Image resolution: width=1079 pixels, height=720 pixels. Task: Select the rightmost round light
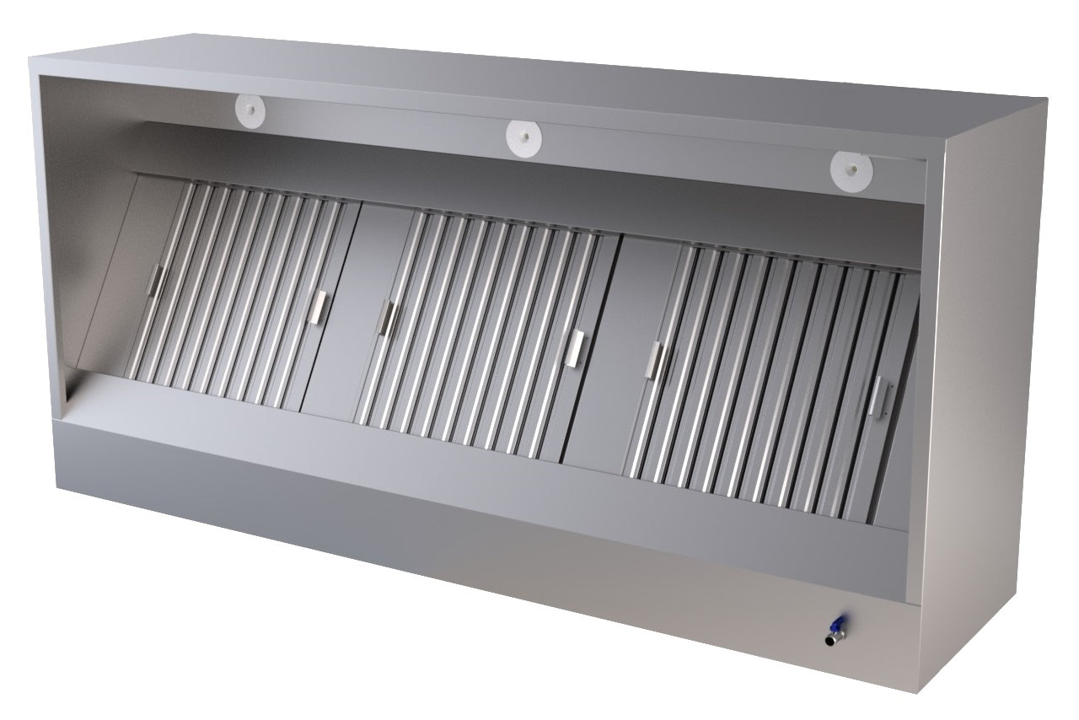point(848,169)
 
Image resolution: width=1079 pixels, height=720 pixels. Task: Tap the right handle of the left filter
point(319,306)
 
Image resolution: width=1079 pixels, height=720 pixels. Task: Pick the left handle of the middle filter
point(388,319)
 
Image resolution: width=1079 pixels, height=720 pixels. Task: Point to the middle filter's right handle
point(577,347)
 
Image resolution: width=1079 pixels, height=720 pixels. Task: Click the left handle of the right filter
point(655,361)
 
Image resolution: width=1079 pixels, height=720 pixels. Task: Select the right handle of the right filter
point(879,396)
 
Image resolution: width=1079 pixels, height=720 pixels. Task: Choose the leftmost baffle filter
point(236,295)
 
